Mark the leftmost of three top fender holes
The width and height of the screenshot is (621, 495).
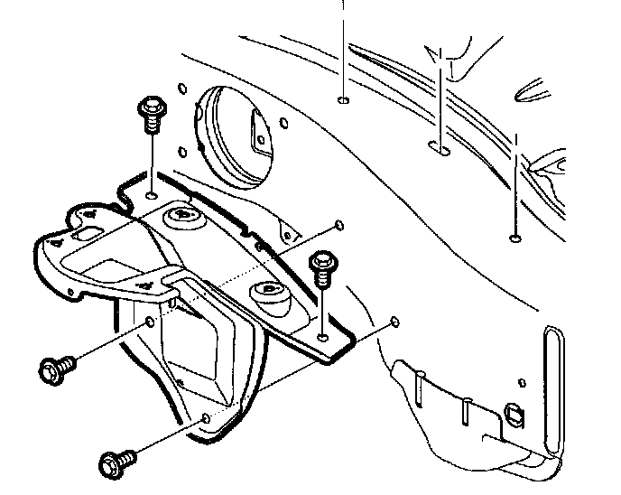(344, 99)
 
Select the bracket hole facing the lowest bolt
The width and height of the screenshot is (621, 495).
(209, 419)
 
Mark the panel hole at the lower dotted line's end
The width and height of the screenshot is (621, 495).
(394, 321)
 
